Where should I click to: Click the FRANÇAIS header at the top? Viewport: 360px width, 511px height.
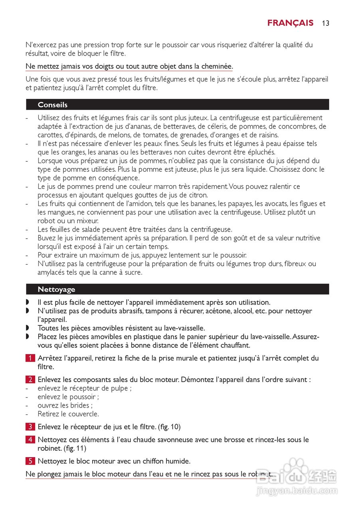[290, 23]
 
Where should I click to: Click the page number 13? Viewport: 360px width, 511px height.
[326, 23]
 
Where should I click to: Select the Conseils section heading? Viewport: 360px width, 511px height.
[53, 105]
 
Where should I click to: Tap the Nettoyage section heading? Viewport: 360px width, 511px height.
[56, 289]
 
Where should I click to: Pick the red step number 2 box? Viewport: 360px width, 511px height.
[30, 380]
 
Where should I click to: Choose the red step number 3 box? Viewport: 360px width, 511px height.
[30, 427]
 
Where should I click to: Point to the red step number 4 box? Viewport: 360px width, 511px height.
[30, 440]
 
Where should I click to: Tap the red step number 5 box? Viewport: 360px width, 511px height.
[30, 461]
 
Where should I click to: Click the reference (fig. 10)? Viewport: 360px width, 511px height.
[170, 427]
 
